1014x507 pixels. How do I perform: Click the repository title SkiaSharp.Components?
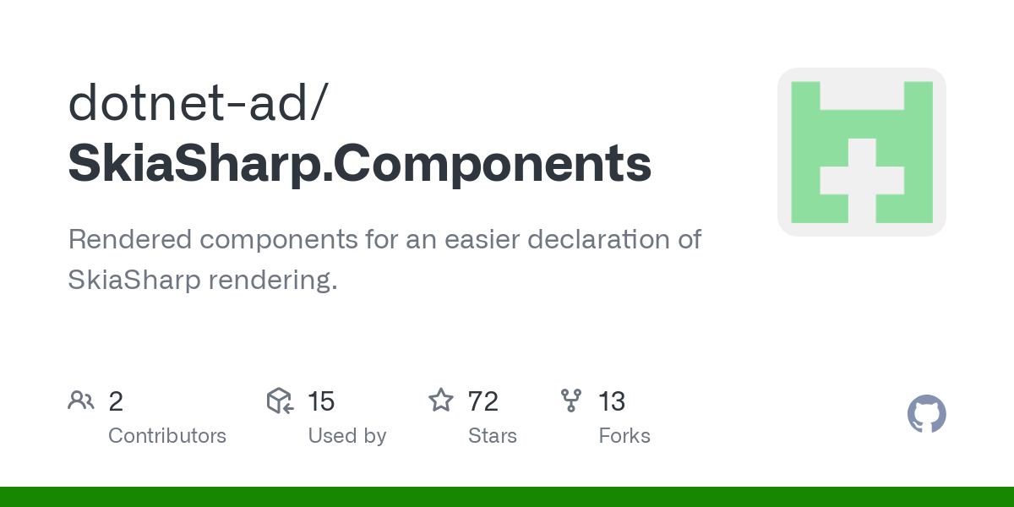point(359,164)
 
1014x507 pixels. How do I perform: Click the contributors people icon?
point(81,401)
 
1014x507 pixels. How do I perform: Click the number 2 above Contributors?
point(116,401)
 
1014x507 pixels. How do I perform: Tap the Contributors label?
point(167,436)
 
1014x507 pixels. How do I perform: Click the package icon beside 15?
point(280,401)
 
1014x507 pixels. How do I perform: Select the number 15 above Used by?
point(321,401)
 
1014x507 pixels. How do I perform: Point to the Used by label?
point(346,436)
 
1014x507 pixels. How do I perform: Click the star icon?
point(441,401)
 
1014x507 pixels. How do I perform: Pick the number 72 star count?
point(483,401)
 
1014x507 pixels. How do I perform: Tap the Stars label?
point(493,436)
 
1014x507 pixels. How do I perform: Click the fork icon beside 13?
point(572,401)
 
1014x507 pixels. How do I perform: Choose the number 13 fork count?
point(612,401)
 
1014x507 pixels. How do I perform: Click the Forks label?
point(624,436)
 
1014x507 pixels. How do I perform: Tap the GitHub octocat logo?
point(926,415)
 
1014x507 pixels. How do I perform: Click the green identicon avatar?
point(861,152)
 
